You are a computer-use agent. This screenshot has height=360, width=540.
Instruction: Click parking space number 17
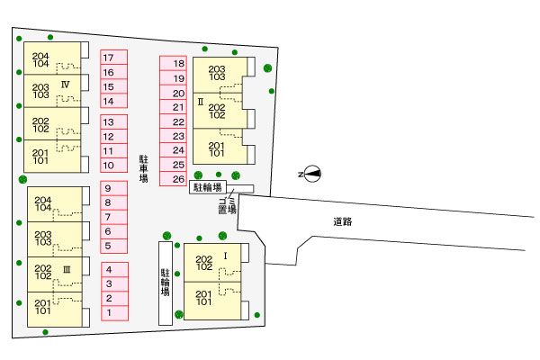pos(114,58)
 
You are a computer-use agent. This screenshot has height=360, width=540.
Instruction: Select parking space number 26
pos(173,179)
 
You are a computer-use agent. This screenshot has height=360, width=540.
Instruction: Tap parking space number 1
pos(114,313)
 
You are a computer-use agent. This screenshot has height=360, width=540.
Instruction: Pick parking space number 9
pos(114,188)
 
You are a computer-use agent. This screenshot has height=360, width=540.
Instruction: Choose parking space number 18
pos(173,63)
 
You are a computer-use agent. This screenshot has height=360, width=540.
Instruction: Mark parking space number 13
pos(114,122)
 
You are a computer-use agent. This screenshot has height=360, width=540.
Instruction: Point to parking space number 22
pos(173,121)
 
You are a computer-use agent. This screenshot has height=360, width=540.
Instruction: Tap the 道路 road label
pos(343,221)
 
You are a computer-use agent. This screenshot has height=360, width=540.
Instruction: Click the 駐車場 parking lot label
pos(144,168)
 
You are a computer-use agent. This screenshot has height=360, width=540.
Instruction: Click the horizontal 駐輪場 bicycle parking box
pos(208,187)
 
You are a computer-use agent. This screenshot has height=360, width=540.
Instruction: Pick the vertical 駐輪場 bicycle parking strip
pos(166,283)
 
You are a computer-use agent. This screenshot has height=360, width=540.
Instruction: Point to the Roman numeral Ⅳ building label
pos(65,85)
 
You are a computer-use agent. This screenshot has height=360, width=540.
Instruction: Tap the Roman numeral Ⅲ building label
pos(67,270)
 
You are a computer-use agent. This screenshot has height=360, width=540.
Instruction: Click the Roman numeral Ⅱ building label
pos(201,102)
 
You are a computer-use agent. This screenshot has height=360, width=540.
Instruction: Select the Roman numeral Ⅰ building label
pos(226,256)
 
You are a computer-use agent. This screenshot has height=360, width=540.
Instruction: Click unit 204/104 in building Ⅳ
pos(52,58)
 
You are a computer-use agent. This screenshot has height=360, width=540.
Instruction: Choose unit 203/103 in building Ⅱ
pos(220,75)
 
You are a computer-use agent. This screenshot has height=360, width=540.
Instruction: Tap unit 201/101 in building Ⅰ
pos(212,301)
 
